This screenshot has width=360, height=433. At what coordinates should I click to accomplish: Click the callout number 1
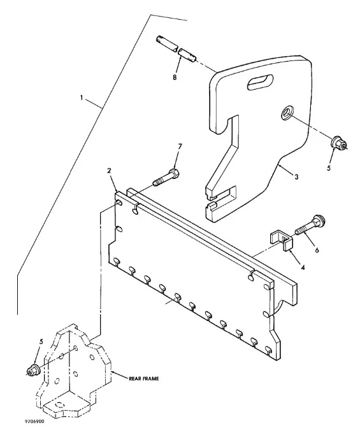coord(81,98)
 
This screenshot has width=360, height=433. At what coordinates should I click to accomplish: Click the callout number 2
coord(109,171)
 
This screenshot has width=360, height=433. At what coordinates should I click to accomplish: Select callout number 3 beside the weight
coord(296,176)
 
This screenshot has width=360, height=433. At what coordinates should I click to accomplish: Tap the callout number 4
coord(303,267)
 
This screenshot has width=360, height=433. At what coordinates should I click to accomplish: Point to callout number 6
coord(317,250)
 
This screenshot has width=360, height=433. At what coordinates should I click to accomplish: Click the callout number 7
coord(180,146)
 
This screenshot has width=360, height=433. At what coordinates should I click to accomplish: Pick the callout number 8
coord(175,77)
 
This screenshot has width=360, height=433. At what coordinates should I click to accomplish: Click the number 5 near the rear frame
coord(41,342)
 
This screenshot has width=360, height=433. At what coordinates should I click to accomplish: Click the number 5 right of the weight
coord(329,168)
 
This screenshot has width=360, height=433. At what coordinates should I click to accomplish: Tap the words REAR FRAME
coord(143,379)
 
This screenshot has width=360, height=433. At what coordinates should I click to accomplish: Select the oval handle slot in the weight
coord(260,82)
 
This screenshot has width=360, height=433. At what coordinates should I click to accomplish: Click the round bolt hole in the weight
coord(287,113)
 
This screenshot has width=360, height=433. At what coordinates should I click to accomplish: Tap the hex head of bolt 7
coord(174,174)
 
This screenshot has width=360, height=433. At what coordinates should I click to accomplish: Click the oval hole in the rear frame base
coord(61,405)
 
